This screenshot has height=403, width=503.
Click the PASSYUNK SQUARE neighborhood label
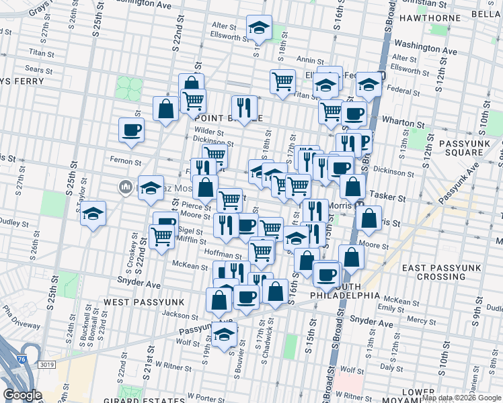click(461, 148)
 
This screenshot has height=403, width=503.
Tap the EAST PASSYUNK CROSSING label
click(442, 272)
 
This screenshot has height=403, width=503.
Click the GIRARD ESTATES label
click(150, 401)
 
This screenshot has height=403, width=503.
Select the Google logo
click(22, 395)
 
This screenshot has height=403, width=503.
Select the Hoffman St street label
click(225, 255)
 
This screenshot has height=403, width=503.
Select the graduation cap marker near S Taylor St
click(93, 214)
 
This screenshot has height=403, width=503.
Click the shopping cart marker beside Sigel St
click(162, 236)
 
